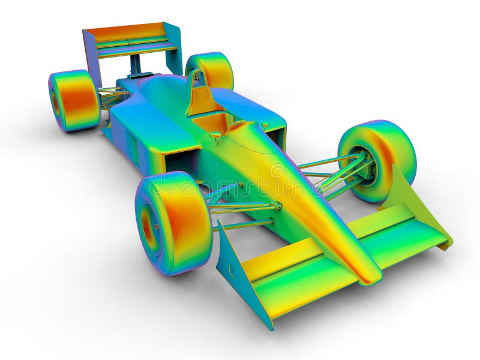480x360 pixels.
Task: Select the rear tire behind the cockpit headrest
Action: [211, 68]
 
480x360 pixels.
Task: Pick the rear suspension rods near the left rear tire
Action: [111, 97]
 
